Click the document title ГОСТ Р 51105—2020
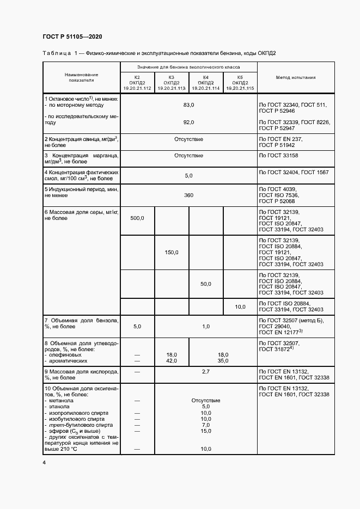click(72, 36)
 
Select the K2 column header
click(137, 82)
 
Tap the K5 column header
click(240, 82)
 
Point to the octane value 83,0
click(188, 104)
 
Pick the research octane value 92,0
click(188, 122)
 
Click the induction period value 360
click(188, 195)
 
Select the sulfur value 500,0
click(137, 218)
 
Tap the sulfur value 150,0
click(172, 252)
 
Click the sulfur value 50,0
click(205, 284)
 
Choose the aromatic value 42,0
click(172, 360)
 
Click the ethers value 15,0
click(206, 431)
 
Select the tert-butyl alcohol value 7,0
click(206, 425)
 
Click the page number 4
click(44, 463)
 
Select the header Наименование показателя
click(81, 77)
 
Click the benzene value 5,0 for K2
click(137, 326)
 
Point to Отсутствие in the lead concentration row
click(188, 139)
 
